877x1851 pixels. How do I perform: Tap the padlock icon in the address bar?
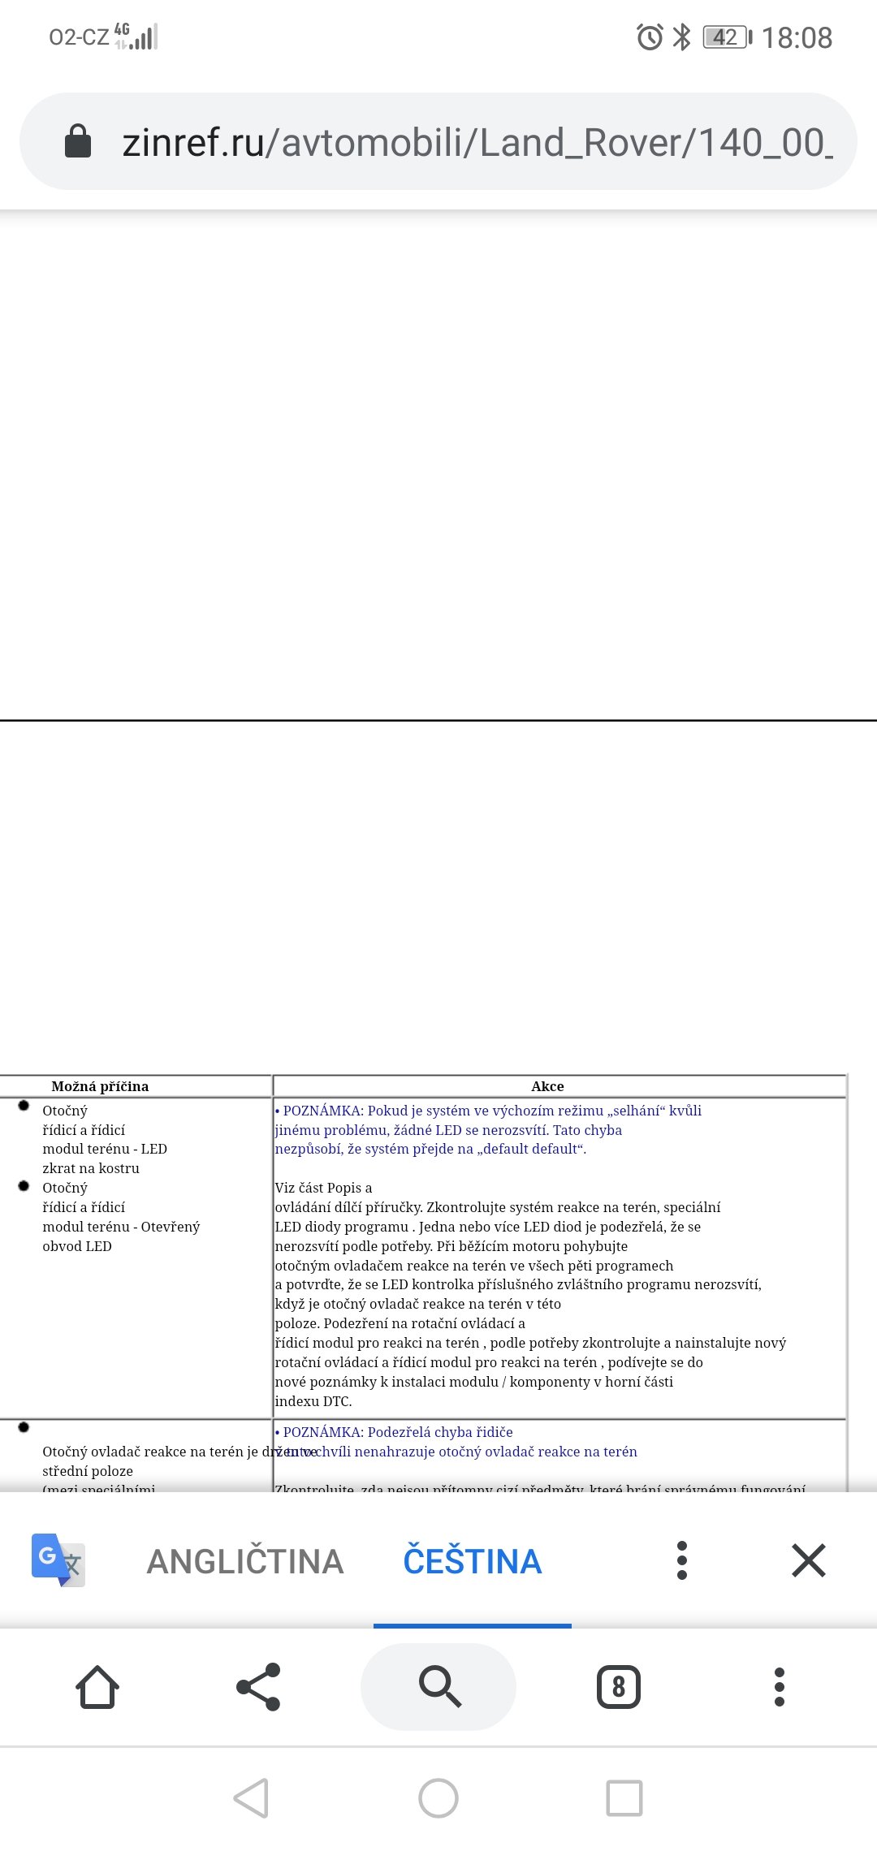pos(78,141)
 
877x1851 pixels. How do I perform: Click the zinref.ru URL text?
pos(477,143)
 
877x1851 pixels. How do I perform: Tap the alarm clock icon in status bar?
pos(649,37)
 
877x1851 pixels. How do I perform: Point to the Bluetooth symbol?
pos(682,37)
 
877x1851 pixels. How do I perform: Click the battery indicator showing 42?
pos(727,37)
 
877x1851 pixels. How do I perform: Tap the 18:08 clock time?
pos(797,38)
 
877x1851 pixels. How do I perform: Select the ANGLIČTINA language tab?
pos(245,1561)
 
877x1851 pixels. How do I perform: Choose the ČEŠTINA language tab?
pos(472,1561)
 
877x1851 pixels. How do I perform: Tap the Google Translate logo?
pos(58,1560)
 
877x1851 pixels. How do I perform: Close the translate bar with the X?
pos(808,1560)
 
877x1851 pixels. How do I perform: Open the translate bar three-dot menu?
pos(682,1560)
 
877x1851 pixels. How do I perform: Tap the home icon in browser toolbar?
pos(97,1687)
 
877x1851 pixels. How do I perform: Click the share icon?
pos(258,1687)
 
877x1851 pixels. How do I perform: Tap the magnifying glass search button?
pos(438,1687)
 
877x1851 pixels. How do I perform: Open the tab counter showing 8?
pos(619,1687)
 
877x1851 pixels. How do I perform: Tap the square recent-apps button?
pos(624,1798)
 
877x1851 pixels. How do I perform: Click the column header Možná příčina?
pos(100,1086)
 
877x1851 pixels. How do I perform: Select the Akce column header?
pos(547,1086)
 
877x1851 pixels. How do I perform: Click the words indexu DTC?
pos(313,1401)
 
